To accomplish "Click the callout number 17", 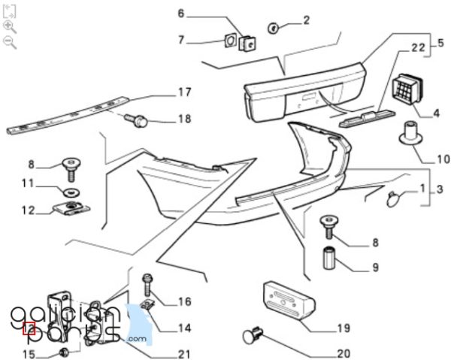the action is tap(185, 92).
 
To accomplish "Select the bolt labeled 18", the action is tap(136, 121).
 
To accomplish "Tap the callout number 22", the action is tap(418, 48).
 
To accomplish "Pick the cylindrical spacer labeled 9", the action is tap(328, 259).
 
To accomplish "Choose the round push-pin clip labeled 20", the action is tap(253, 335).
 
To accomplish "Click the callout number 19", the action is tap(344, 328).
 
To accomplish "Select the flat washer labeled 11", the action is tap(71, 192).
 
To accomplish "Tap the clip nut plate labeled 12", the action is tap(72, 208).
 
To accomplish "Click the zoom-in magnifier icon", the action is tap(10, 27).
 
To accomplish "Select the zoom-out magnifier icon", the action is tap(10, 43).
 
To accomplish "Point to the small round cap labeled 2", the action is tap(273, 28).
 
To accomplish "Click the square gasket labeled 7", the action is tap(230, 41).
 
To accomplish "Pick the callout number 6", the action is tap(181, 14).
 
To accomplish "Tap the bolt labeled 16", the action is tap(147, 285).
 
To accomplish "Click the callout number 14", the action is tap(184, 328).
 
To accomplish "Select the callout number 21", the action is tap(184, 354).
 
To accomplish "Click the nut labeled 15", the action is tap(64, 352).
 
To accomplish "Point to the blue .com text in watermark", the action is tap(138, 339).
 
